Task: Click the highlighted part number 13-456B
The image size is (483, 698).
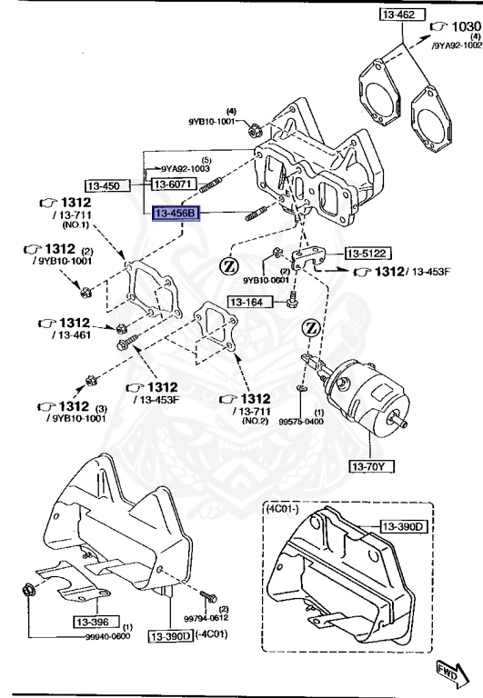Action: click(175, 214)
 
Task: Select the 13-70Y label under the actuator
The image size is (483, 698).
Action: click(371, 467)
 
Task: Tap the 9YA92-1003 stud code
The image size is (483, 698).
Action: click(186, 168)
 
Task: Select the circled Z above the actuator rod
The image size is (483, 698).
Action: click(311, 326)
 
